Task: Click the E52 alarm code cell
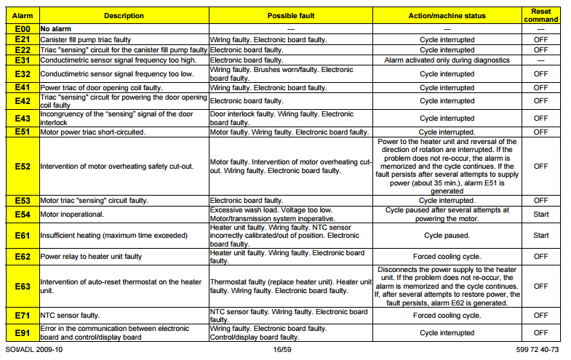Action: pos(23,166)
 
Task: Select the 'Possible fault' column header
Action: pos(291,15)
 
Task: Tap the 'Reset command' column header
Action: pos(540,15)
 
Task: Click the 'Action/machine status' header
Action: pos(447,15)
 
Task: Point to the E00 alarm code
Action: pos(23,28)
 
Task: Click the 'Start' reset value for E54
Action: pos(540,214)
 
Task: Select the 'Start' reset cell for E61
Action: pos(540,235)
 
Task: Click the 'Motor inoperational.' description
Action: pos(71,215)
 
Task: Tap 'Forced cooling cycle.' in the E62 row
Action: pos(447,256)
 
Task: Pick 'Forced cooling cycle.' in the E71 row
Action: pos(447,316)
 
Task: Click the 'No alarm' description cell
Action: pos(58,28)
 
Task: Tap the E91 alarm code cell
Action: pos(23,332)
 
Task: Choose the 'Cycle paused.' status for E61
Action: pos(447,235)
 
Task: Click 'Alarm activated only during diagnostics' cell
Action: pos(447,60)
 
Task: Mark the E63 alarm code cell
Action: pos(23,286)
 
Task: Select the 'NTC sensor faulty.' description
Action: pos(69,316)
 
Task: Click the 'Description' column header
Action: pos(124,15)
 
